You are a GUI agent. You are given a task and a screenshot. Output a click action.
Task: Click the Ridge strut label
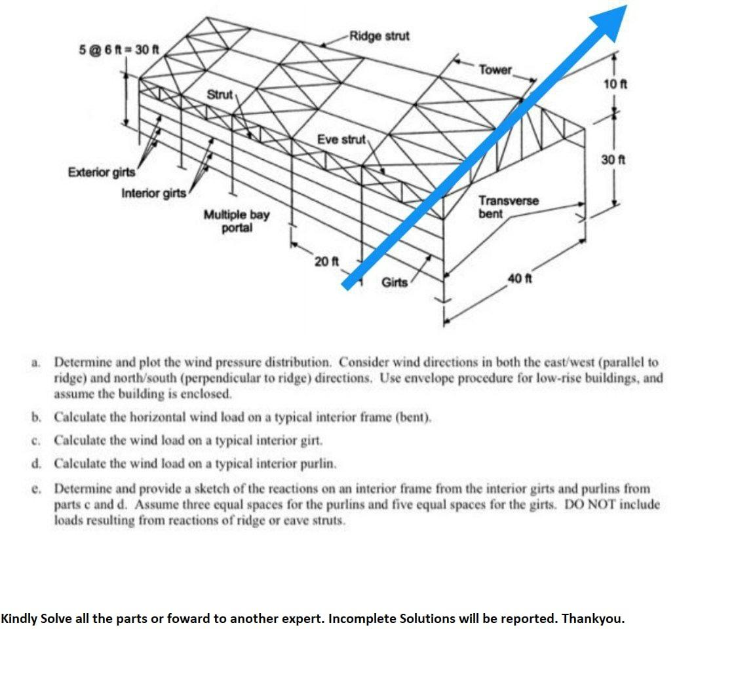point(379,35)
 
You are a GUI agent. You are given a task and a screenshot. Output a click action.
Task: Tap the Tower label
point(495,69)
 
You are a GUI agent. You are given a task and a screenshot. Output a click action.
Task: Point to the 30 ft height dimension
point(614,160)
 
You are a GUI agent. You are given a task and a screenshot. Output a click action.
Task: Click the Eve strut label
point(341,140)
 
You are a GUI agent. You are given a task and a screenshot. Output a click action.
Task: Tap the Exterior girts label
point(102,172)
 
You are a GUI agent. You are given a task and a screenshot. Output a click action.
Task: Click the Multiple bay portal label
point(236,221)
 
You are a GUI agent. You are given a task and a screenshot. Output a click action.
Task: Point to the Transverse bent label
point(508,207)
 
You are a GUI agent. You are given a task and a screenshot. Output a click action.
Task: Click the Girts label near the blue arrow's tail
point(394,282)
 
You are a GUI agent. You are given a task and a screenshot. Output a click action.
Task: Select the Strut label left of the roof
point(220,95)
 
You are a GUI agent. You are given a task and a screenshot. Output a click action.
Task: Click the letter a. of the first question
point(35,362)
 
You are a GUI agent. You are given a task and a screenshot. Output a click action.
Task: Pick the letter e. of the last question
point(35,489)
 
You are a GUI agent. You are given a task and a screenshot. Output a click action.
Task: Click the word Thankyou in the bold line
point(592,618)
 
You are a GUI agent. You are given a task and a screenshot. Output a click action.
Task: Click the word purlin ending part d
point(319,464)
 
